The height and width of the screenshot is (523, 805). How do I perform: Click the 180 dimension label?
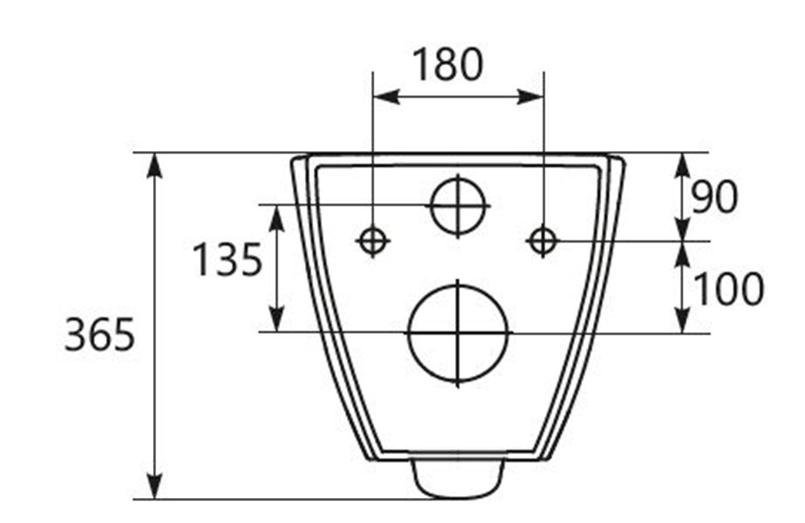click(447, 64)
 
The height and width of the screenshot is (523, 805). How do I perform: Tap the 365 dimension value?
click(99, 335)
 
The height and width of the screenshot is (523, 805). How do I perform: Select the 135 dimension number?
click(227, 260)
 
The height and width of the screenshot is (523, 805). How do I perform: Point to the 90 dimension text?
click(713, 197)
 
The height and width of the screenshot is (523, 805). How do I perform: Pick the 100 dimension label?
click(729, 289)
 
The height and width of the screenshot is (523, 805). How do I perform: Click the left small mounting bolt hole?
click(373, 239)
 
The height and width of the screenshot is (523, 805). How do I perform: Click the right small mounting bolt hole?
click(542, 239)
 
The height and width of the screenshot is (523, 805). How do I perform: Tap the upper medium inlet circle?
click(458, 205)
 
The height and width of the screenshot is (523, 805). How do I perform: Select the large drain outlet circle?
click(458, 333)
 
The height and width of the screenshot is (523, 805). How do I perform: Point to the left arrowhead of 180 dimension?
click(385, 97)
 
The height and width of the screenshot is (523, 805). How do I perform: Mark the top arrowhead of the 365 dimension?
click(154, 164)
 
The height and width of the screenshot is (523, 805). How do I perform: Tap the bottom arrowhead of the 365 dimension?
click(154, 487)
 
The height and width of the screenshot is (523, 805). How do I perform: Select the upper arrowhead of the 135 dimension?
click(277, 217)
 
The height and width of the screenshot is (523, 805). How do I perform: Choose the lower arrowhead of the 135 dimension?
click(277, 320)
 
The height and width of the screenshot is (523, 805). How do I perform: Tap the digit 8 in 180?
click(447, 64)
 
